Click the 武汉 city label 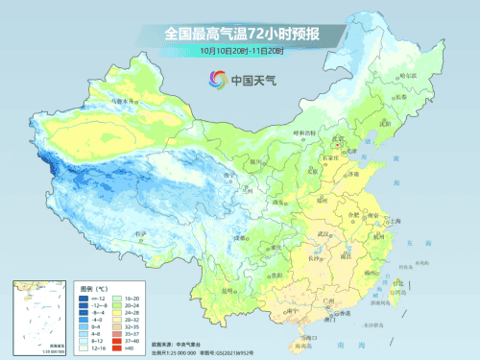(x=327, y=233)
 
